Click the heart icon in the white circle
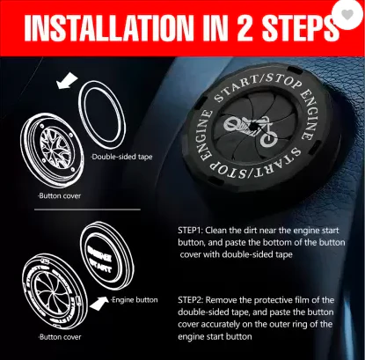tap(348, 14)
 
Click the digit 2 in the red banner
tap(245, 28)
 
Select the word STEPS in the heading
tap(301, 28)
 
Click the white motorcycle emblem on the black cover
tap(251, 130)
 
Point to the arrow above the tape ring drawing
tap(67, 80)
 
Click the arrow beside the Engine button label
tap(99, 303)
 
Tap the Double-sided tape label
tap(121, 157)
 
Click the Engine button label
tap(135, 300)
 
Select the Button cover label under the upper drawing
tap(60, 195)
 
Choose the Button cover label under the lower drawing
tap(60, 337)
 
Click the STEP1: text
tap(190, 230)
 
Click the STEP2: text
tap(190, 300)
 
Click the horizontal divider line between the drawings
tap(87, 209)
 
